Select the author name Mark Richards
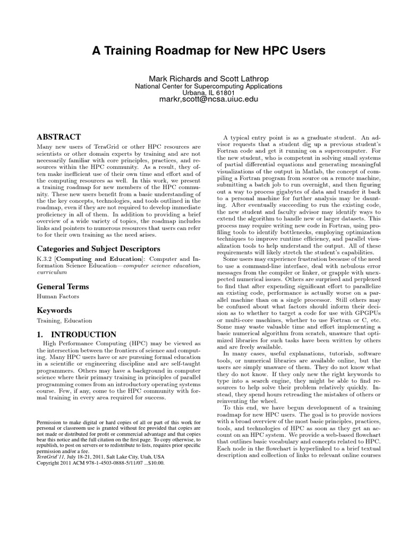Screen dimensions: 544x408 pos(174,78)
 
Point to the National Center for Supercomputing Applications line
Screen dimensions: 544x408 pos(208,86)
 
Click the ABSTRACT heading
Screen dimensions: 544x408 pos(58,137)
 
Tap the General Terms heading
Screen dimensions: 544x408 pos(62,287)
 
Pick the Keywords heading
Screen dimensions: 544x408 pos(54,310)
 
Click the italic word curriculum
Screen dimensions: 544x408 pos(52,271)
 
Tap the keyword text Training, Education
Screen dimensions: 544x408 pos(64,320)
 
